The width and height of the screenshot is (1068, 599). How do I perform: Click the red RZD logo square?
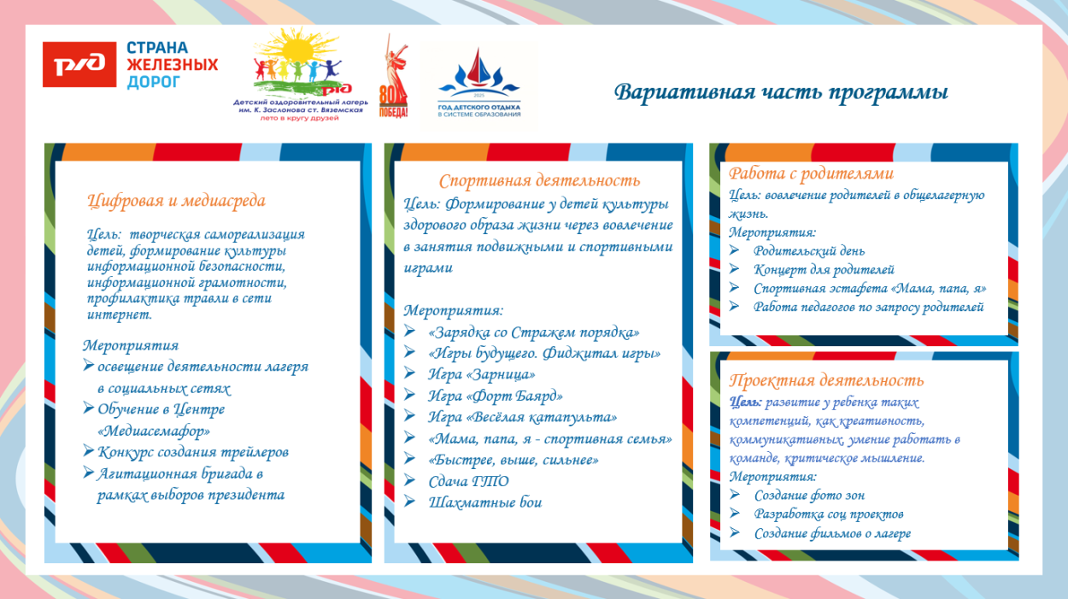79,64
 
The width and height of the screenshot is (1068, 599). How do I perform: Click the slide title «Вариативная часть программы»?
781,91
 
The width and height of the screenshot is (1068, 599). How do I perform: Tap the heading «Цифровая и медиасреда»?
176,201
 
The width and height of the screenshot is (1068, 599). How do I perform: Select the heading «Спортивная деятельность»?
539,180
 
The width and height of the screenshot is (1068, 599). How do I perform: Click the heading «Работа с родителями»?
811,173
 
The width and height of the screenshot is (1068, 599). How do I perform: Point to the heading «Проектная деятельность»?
826,380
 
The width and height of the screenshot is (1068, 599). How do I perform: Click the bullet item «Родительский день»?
808,250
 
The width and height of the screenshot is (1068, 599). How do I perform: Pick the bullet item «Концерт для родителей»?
824,269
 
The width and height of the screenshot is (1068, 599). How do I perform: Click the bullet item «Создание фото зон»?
809,495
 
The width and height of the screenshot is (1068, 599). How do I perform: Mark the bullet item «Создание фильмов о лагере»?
832,533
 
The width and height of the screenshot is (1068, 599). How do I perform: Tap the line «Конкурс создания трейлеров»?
192,451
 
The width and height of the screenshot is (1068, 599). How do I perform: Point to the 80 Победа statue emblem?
393,77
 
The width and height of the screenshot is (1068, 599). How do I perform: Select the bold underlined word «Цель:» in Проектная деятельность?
745,402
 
